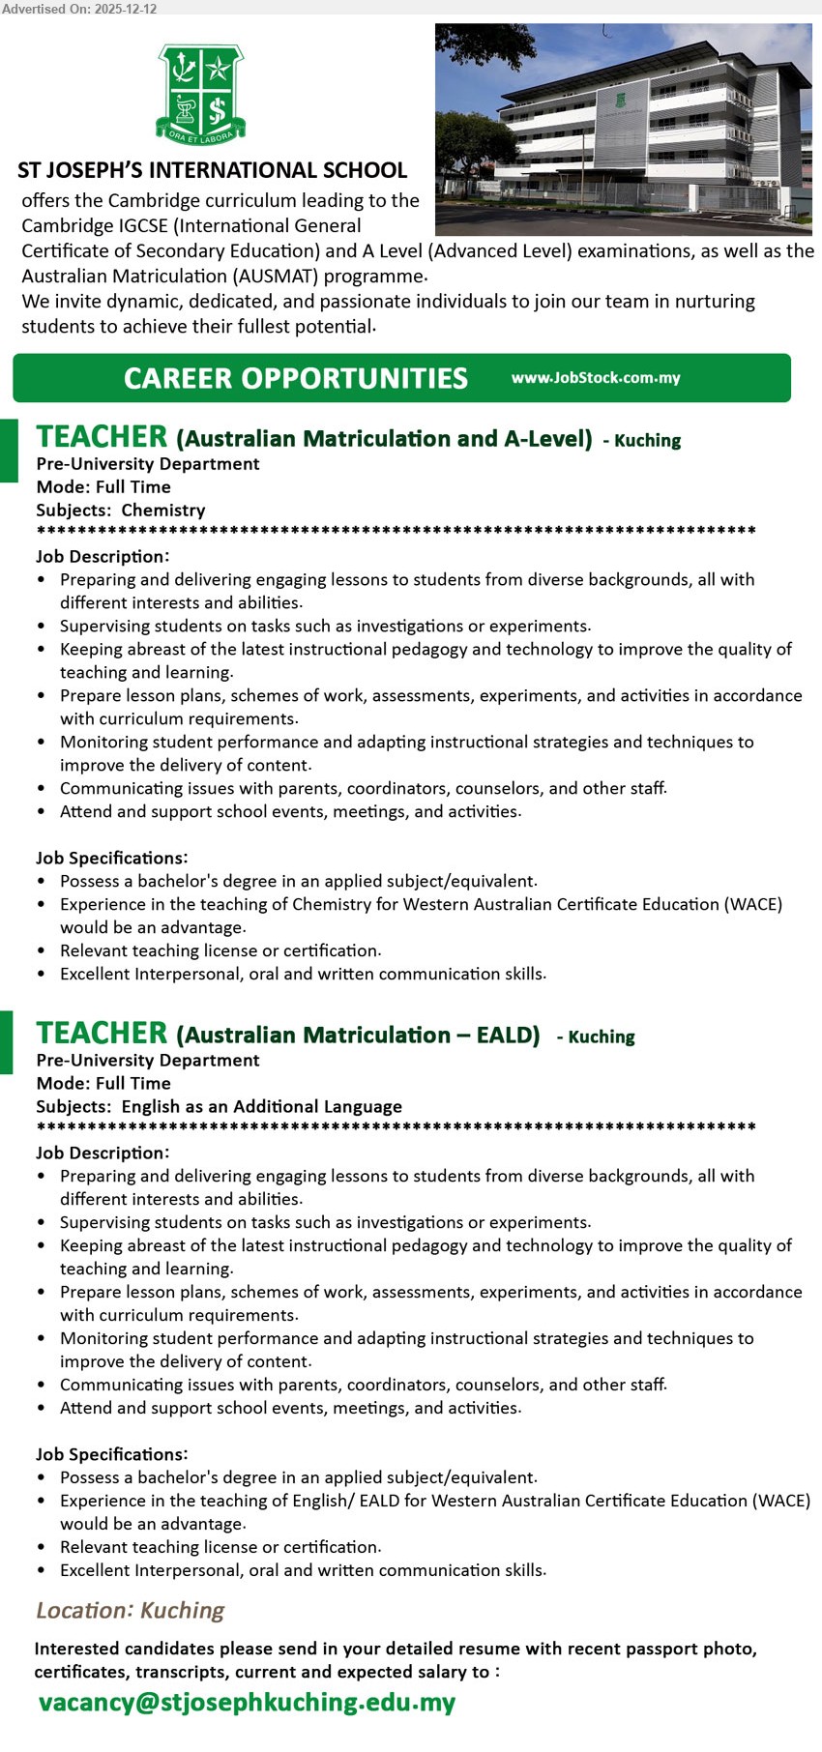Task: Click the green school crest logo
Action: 200,93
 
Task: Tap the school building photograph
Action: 623,129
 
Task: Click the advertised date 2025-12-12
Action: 126,9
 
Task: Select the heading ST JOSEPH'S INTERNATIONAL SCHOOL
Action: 212,171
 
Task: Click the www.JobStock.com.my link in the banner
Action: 596,378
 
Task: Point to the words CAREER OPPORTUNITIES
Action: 295,378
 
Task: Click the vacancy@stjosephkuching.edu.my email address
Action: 247,1702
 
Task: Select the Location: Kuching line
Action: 130,1610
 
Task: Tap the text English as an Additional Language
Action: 261,1106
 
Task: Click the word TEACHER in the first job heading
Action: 102,437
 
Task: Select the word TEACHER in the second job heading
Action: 102,1034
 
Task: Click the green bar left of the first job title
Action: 9,451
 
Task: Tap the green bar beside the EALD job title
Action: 7,1042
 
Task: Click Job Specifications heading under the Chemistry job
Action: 112,858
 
